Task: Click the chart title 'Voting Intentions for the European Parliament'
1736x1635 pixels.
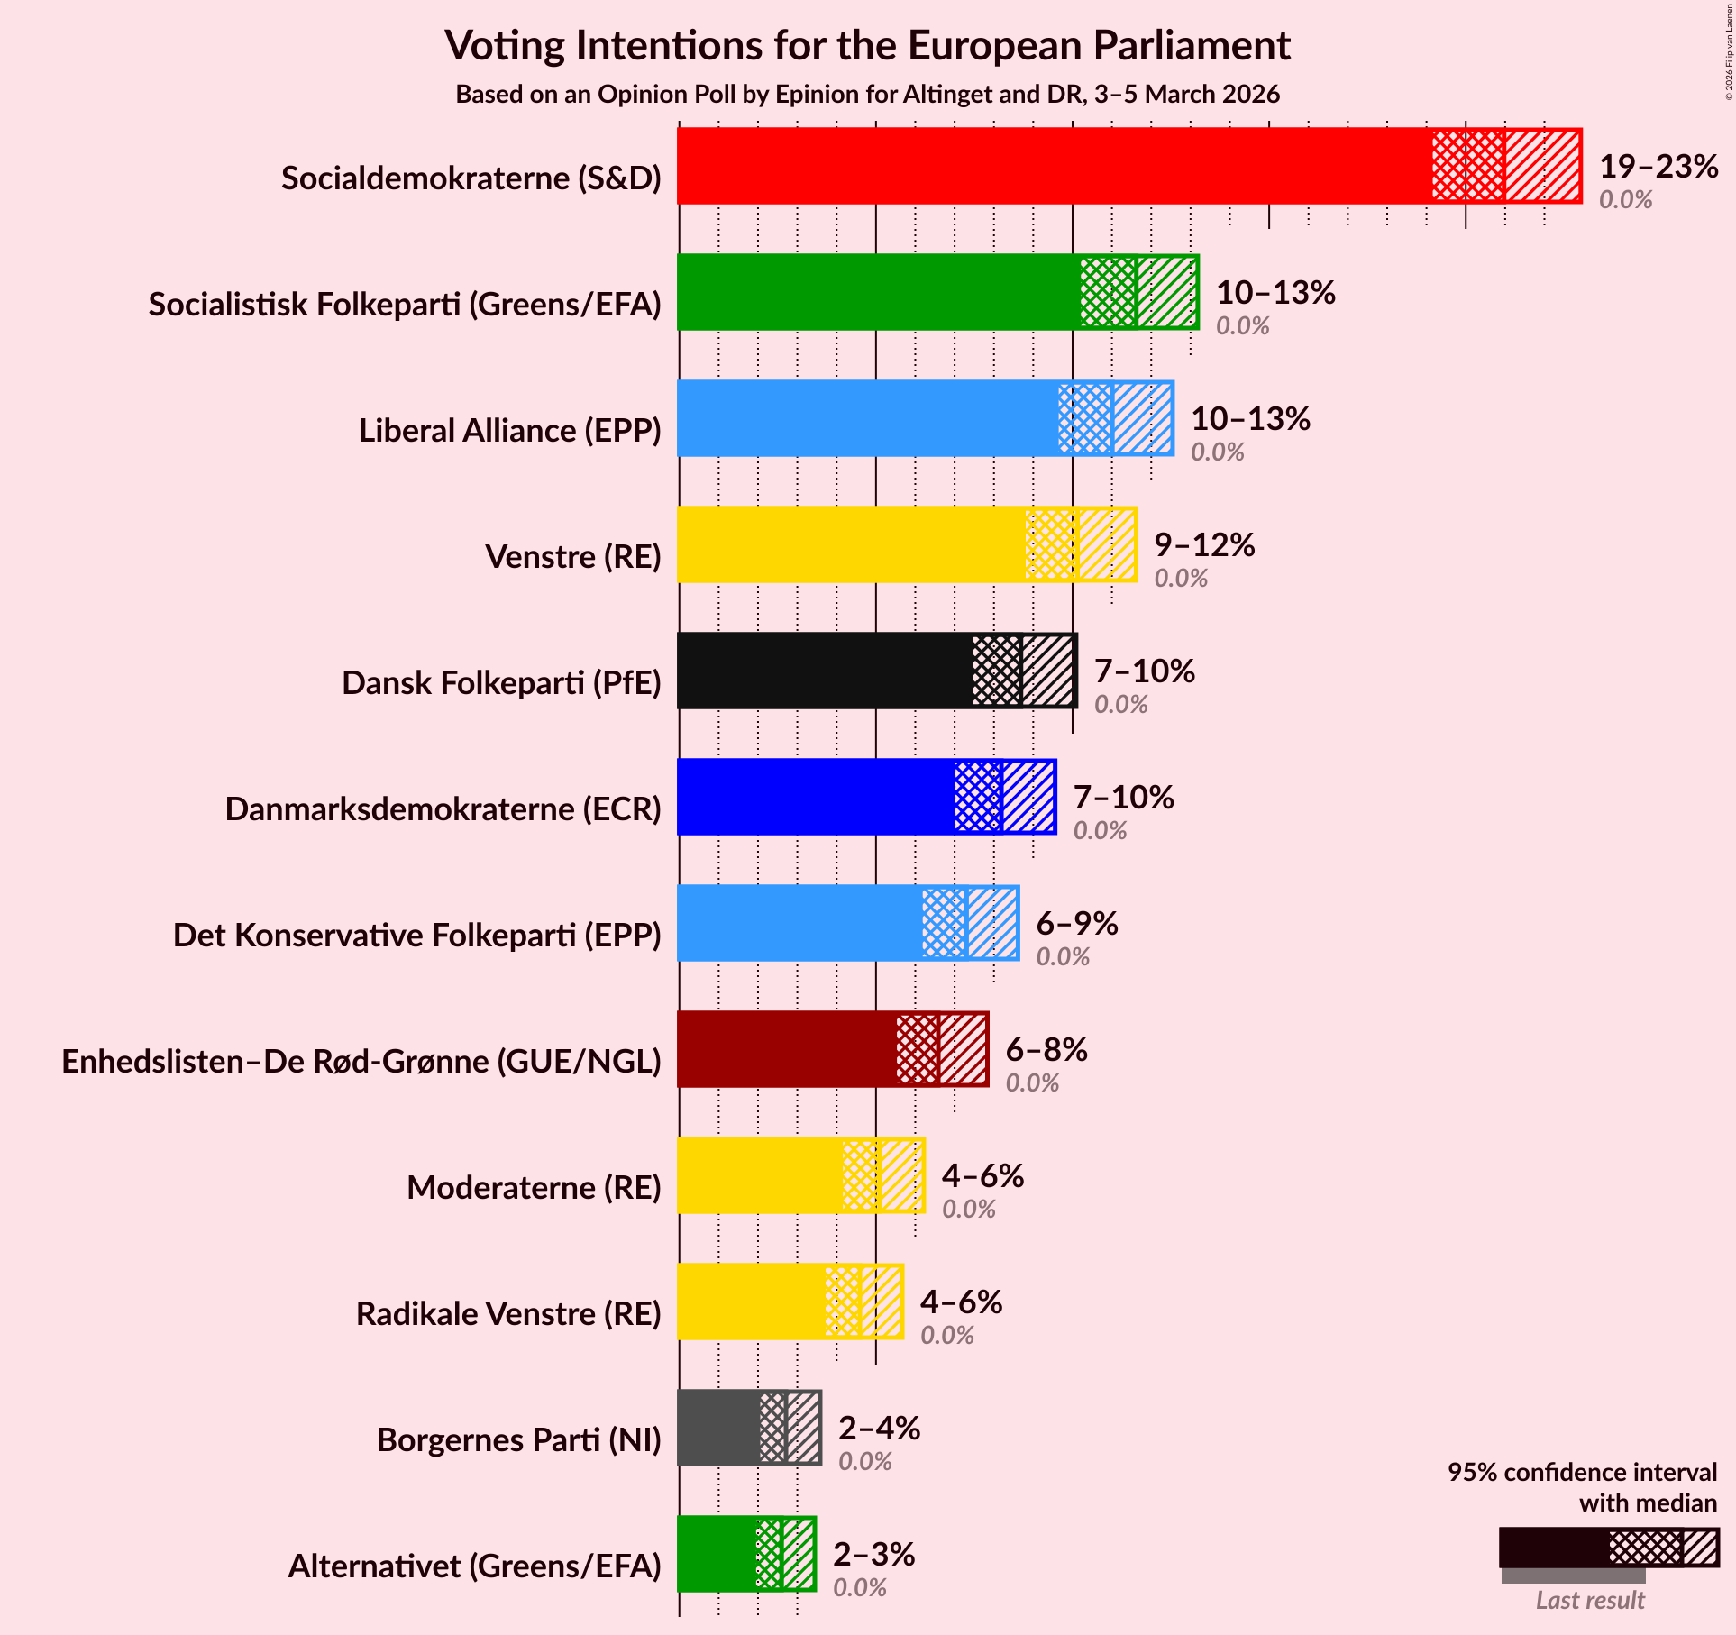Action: point(867,46)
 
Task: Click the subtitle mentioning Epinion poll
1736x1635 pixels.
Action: point(867,95)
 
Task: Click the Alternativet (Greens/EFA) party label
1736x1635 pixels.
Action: point(474,1566)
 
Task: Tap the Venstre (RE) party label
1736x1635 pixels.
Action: point(573,557)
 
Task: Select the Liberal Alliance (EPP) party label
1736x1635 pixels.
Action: point(510,431)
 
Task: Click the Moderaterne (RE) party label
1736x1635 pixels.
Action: point(534,1188)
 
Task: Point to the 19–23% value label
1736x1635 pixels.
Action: point(1658,167)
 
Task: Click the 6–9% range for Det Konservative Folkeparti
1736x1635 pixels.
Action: point(1077,924)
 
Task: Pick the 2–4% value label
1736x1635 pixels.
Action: point(879,1429)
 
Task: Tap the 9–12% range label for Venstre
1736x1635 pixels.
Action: point(1204,545)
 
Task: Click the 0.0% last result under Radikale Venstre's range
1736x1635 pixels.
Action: point(946,1335)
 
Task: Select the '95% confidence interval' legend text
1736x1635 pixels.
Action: point(1582,1472)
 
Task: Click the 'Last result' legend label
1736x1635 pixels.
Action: point(1590,1600)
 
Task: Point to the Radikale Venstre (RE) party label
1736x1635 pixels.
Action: point(508,1314)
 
